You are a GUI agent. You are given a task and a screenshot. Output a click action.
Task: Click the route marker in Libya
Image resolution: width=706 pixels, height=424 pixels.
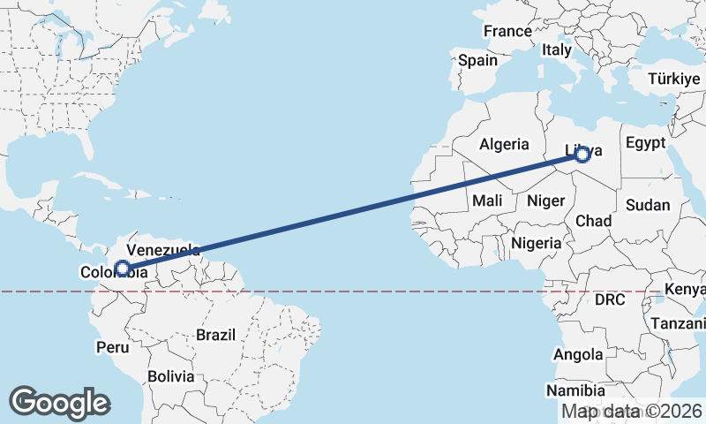(x=582, y=155)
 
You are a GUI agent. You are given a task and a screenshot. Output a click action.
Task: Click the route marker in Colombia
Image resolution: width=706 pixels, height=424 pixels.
(x=123, y=268)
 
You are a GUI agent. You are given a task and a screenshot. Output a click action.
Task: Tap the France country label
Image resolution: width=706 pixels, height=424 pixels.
(x=507, y=31)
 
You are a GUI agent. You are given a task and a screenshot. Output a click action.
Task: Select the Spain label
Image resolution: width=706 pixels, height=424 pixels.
(x=477, y=61)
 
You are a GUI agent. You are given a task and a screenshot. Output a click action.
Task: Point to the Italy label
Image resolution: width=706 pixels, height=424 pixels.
(x=557, y=50)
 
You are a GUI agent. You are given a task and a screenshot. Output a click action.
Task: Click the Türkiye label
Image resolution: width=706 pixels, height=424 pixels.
(x=673, y=79)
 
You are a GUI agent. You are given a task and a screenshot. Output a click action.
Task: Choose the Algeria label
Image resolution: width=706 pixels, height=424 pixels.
(x=504, y=144)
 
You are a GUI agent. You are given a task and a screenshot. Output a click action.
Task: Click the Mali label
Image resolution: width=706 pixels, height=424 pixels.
(x=486, y=201)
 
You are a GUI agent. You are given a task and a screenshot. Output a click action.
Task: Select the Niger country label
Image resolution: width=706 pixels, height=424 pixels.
(x=545, y=201)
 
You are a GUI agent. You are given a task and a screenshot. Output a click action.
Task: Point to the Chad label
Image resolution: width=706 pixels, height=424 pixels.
(x=594, y=220)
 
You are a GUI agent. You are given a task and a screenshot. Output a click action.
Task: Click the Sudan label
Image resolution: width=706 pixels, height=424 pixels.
(x=648, y=205)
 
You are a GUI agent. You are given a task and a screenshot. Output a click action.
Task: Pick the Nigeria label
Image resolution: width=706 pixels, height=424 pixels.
(x=537, y=242)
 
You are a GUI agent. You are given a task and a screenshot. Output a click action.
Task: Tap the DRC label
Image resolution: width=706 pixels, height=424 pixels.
(x=610, y=299)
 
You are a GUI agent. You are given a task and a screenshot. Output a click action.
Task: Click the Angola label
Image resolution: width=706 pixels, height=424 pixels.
(x=579, y=354)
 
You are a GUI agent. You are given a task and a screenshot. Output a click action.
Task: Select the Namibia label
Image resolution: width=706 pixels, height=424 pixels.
(x=575, y=390)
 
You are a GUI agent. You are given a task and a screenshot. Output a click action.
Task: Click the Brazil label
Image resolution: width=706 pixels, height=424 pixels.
(x=216, y=335)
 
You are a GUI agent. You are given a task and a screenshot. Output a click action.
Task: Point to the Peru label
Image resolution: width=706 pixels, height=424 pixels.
(x=112, y=346)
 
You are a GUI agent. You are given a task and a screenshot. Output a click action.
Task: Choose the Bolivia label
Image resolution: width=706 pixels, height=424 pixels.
(x=170, y=375)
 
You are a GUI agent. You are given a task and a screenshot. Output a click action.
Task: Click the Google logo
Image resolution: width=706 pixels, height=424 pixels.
(x=60, y=403)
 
